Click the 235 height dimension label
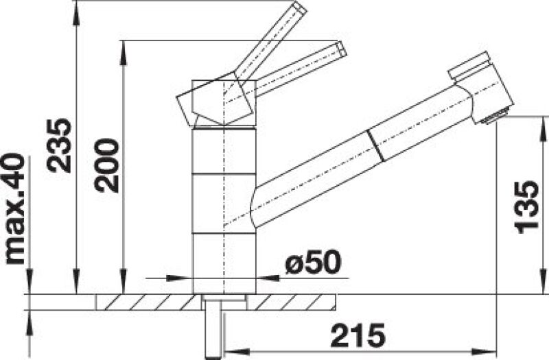tap(59, 145)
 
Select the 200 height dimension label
tap(107, 166)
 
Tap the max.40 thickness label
tap(14, 209)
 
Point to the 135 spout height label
tap(526, 208)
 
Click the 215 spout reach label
tap(358, 335)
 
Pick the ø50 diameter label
tap(313, 262)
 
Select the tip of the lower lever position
tap(342, 49)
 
